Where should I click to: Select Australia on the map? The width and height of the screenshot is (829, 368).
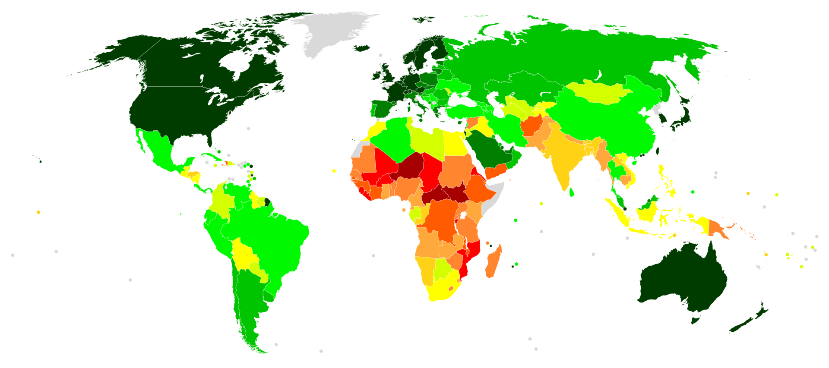[x=682, y=280]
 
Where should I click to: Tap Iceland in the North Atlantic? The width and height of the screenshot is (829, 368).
[x=362, y=48]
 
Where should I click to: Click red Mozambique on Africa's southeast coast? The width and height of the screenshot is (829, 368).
[x=471, y=255]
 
